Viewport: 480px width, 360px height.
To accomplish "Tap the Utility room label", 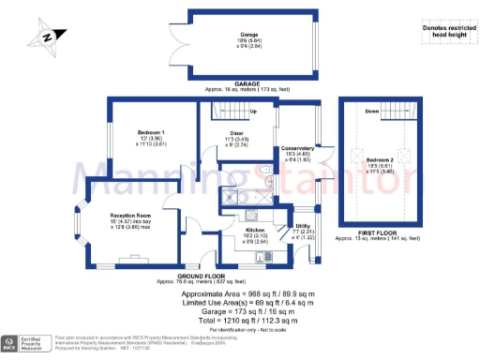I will (303, 226).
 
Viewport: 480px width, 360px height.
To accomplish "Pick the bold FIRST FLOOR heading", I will (385, 230).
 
